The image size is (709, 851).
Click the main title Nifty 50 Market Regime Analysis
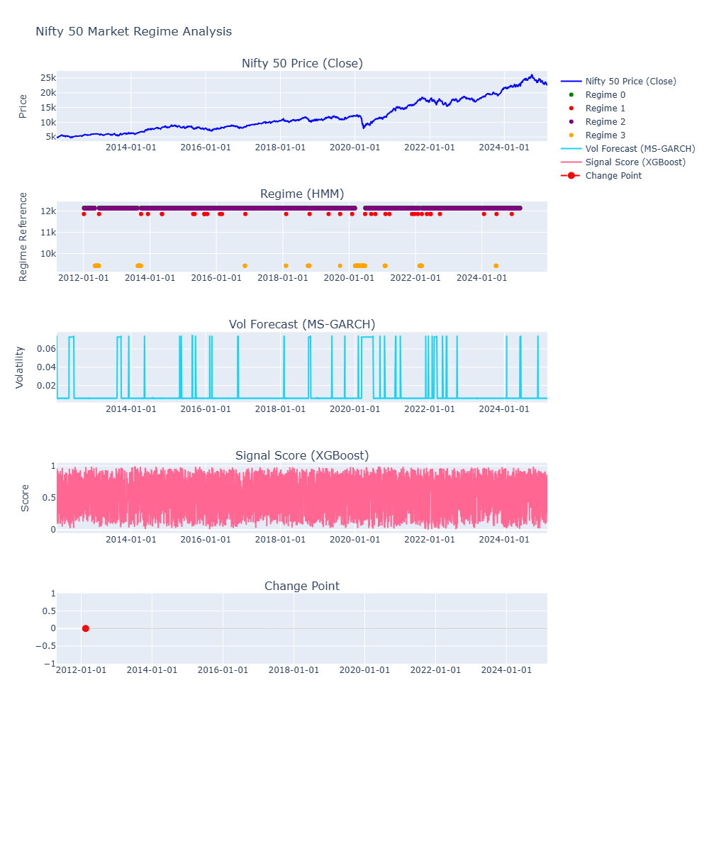pos(133,32)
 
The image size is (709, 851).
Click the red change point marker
pos(86,628)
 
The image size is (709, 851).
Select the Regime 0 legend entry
pos(605,95)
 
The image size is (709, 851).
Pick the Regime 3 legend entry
pos(605,135)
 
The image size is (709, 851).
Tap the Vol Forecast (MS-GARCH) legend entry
pos(640,149)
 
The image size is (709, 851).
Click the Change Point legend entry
pos(613,176)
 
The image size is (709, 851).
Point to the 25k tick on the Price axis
pos(48,77)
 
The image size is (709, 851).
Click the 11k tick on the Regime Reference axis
pos(48,233)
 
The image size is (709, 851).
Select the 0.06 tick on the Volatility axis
pos(46,349)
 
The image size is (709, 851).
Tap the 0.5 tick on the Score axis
pos(48,497)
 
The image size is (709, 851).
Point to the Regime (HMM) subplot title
pos(302,194)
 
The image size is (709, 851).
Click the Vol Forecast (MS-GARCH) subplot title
pos(302,325)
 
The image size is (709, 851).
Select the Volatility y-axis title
pos(20,367)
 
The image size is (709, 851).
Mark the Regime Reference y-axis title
pos(23,237)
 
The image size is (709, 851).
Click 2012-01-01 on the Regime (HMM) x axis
pos(83,277)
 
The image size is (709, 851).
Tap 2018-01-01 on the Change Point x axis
pos(294,670)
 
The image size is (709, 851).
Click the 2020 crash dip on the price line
pos(364,128)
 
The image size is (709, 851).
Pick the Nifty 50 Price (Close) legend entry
pos(630,82)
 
